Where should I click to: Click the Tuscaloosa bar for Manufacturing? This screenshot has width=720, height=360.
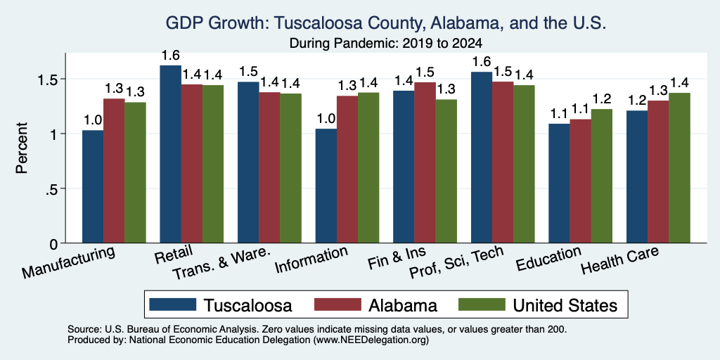tap(93, 186)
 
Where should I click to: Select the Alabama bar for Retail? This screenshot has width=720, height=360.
tap(191, 163)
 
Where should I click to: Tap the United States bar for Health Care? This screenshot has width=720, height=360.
tap(680, 167)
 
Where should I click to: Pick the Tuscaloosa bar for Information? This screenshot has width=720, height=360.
tap(326, 186)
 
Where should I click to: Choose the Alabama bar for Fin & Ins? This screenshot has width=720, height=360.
tap(425, 162)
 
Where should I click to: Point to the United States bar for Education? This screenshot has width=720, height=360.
tap(602, 176)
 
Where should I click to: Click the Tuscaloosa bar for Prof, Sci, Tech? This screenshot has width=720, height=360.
tap(482, 157)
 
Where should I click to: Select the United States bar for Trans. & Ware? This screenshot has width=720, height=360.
tap(290, 168)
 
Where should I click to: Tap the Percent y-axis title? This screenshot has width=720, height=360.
tap(22, 148)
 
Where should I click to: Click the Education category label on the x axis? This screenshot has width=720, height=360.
tap(549, 259)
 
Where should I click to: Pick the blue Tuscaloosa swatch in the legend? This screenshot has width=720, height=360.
tap(173, 304)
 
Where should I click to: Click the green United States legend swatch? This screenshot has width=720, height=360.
tap(482, 304)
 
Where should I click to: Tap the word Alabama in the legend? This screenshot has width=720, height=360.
tap(403, 305)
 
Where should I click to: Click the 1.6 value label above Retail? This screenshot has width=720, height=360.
tap(170, 56)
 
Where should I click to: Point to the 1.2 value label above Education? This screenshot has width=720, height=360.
tap(602, 98)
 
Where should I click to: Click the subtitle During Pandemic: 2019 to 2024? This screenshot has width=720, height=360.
tap(386, 44)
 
